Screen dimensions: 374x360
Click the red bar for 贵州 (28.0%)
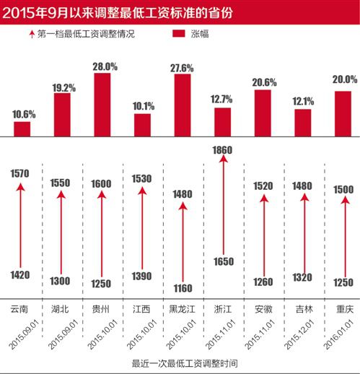point(102,104)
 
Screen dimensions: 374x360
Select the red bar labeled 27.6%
point(183,105)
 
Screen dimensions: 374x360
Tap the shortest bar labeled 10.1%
point(142,125)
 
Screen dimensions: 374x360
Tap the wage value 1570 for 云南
point(20,173)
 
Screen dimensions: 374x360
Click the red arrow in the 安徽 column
point(263,231)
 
